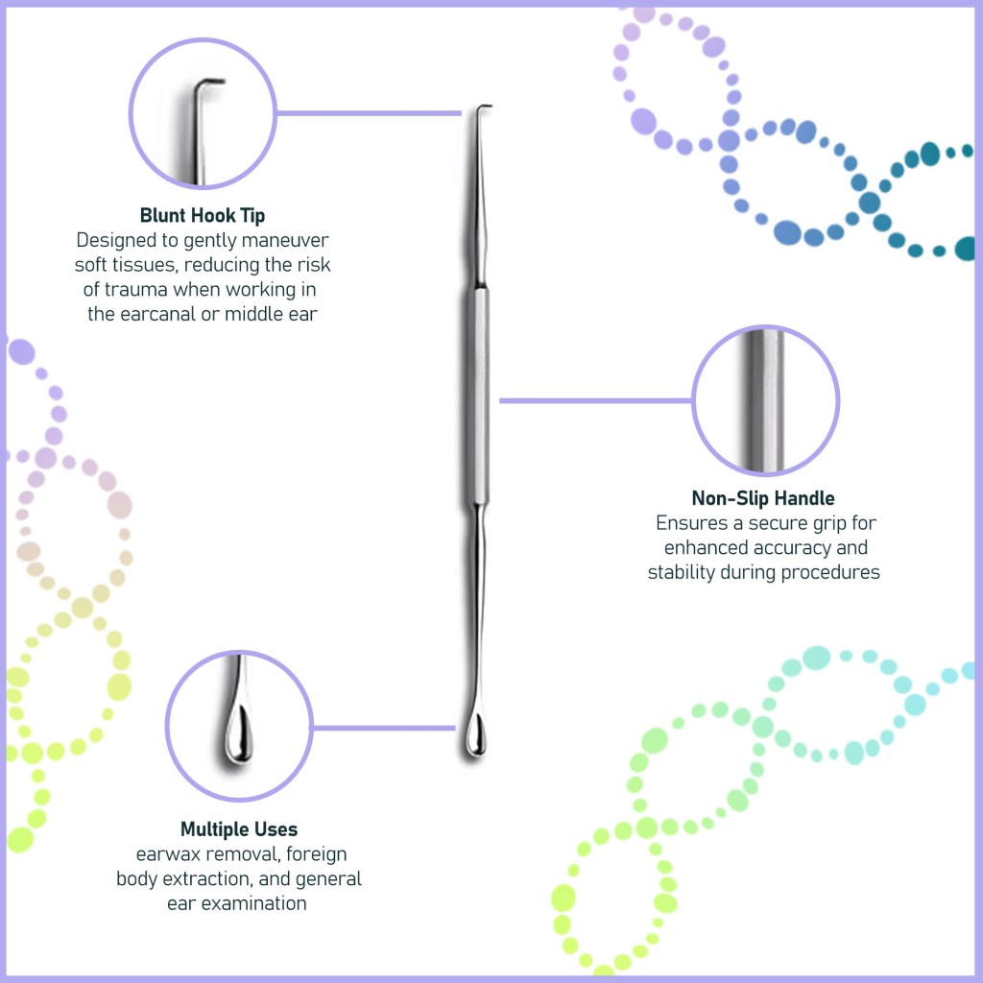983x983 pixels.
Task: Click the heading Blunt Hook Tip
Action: [202, 215]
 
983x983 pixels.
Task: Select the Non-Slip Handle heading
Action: [763, 498]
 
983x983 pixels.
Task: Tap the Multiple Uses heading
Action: [239, 829]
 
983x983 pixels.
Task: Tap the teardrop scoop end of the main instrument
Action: [473, 736]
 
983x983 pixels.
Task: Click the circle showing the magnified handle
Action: [765, 400]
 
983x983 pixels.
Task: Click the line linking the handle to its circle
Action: [595, 400]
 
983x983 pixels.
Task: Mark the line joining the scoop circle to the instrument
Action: [384, 727]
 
